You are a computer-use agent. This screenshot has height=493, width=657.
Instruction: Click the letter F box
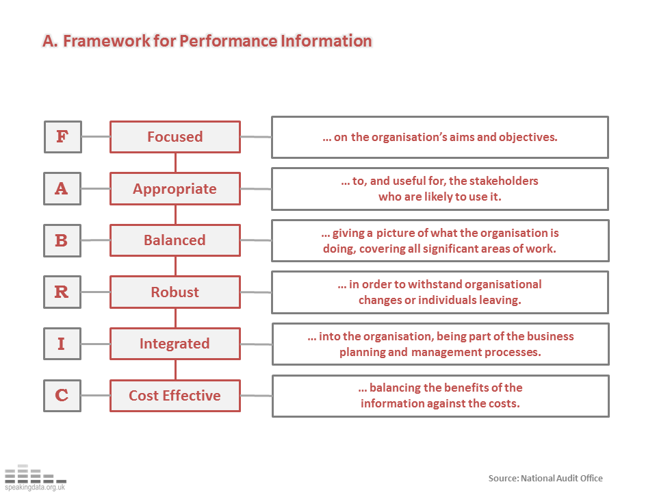click(x=62, y=137)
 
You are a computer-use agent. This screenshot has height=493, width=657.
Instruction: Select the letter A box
click(x=62, y=188)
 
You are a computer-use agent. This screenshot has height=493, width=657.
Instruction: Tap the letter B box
click(x=62, y=240)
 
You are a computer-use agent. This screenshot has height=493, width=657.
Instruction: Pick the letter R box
click(x=62, y=292)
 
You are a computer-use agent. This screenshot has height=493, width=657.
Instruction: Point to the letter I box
click(x=62, y=344)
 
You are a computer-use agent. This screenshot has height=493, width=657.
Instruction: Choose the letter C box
click(x=62, y=396)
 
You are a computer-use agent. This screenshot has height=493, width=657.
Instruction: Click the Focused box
click(x=175, y=137)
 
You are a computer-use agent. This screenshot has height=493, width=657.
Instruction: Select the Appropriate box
click(x=175, y=189)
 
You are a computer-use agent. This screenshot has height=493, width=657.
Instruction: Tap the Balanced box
click(x=175, y=240)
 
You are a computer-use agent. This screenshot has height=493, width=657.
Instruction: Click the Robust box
click(x=175, y=292)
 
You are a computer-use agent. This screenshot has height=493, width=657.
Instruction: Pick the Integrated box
click(x=175, y=344)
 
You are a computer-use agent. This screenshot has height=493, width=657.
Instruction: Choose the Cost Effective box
click(x=175, y=396)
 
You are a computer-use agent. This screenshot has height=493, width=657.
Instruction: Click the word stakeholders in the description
click(x=505, y=181)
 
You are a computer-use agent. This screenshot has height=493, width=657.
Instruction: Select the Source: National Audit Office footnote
click(x=545, y=478)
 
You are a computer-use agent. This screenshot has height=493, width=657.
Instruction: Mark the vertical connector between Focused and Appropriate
click(x=175, y=162)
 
